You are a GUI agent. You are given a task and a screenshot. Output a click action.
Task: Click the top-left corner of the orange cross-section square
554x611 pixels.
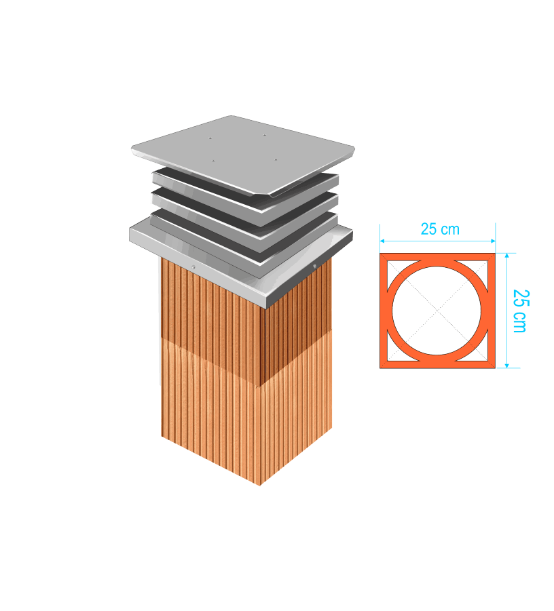point(380,254)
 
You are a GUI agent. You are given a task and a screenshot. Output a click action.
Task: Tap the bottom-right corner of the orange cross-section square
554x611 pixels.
point(496,368)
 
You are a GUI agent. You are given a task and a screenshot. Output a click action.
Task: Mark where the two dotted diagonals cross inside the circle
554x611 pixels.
point(437,311)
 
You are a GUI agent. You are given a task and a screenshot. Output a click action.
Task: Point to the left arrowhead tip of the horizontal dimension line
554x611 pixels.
point(380,241)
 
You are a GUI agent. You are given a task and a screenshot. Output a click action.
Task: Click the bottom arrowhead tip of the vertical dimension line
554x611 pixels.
point(506,368)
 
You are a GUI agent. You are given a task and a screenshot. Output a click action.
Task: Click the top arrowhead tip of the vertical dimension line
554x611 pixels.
point(506,254)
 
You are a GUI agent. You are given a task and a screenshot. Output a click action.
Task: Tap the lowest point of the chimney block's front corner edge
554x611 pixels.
point(260,486)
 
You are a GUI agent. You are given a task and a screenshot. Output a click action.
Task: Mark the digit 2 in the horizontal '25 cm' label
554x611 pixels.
point(424,229)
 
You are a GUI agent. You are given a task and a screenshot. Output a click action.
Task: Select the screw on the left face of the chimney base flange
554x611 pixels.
point(193,267)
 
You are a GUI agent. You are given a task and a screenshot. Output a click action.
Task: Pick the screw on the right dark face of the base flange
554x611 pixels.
point(314,266)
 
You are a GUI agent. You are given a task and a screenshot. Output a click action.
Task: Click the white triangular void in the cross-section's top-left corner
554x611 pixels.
point(398,271)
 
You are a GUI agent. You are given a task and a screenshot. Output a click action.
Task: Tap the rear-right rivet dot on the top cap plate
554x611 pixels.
point(264,135)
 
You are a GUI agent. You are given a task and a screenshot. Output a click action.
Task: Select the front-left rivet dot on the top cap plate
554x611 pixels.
point(213,160)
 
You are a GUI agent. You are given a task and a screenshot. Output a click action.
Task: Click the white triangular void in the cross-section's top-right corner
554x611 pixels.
point(477,271)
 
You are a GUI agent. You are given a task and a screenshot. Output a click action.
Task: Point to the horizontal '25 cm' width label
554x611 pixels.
point(440,229)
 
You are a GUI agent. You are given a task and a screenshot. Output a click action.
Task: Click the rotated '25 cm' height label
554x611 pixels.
point(521,311)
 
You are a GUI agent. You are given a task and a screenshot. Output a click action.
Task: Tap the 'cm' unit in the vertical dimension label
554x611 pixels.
point(519,323)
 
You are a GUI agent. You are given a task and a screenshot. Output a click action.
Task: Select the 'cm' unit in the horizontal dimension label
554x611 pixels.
point(450,230)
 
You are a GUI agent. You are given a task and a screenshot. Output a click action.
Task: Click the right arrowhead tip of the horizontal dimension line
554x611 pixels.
point(495,241)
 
